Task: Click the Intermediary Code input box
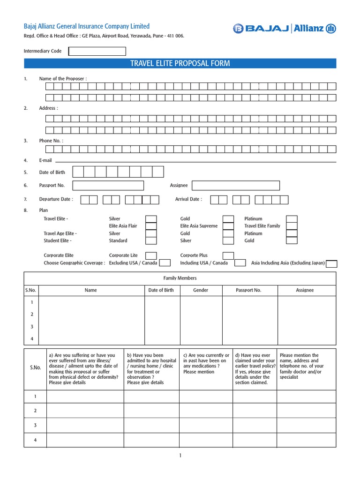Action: pyautogui.click(x=97, y=51)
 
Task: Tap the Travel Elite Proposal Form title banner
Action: pyautogui.click(x=180, y=63)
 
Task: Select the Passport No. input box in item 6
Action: pyautogui.click(x=108, y=186)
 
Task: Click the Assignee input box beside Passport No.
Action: pyautogui.click(x=236, y=186)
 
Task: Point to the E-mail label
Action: pyautogui.click(x=45, y=160)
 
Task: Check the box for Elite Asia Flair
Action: pyautogui.click(x=151, y=226)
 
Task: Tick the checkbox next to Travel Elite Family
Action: pyautogui.click(x=292, y=226)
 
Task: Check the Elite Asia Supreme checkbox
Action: pyautogui.click(x=228, y=226)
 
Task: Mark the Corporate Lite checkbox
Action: pyautogui.click(x=151, y=255)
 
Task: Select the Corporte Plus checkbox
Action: pyautogui.click(x=228, y=255)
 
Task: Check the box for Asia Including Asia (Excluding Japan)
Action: pyautogui.click(x=331, y=263)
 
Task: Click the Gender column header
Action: pyautogui.click(x=201, y=290)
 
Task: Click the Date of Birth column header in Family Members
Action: pyautogui.click(x=161, y=290)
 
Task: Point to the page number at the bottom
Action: pyautogui.click(x=180, y=455)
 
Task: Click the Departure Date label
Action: pyautogui.click(x=56, y=199)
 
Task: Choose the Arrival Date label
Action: pyautogui.click(x=188, y=199)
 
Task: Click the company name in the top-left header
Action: pyautogui.click(x=87, y=26)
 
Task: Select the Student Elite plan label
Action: pyautogui.click(x=58, y=240)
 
